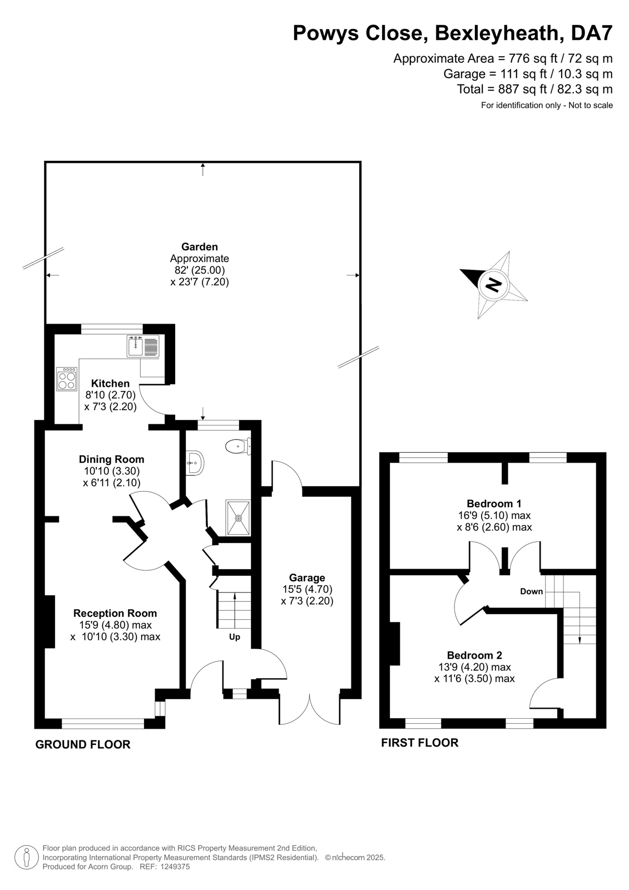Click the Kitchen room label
110,383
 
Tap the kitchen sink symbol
143,347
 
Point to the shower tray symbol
239,517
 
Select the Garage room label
307,577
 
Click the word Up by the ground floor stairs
235,637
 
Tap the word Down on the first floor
531,591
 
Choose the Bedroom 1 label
494,503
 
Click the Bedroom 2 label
474,655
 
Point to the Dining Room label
111,459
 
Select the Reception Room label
115,613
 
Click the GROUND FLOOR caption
83,744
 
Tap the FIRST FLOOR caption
419,743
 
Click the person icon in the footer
26,857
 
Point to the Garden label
199,246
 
